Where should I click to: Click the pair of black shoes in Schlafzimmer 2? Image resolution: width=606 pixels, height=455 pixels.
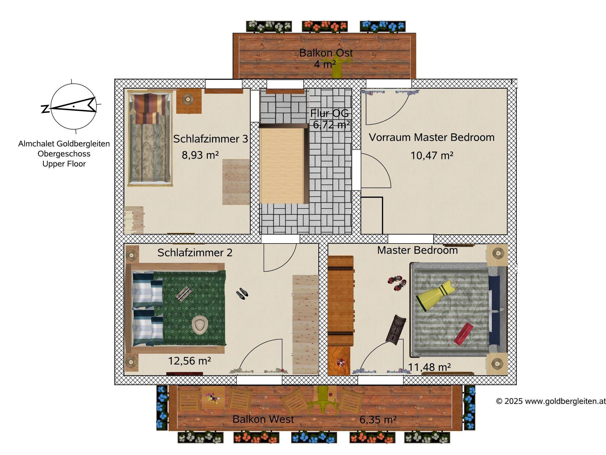tap(242, 293)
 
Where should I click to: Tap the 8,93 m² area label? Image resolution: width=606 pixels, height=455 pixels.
tap(200, 155)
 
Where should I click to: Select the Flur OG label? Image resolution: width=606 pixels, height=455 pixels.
tap(329, 113)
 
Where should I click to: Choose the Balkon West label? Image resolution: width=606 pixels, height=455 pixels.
tap(263, 419)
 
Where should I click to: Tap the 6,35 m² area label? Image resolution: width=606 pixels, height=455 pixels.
tap(378, 419)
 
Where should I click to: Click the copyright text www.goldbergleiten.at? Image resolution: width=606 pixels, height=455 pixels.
tap(551, 401)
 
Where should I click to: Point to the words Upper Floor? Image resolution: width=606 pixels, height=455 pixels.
tap(64, 164)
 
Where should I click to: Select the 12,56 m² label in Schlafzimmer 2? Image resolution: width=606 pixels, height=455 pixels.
tap(189, 361)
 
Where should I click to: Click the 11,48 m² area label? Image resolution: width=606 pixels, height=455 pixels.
tap(429, 367)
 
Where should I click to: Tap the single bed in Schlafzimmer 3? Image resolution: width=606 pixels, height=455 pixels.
tap(150, 138)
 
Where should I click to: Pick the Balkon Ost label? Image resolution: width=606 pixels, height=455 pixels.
tap(326, 53)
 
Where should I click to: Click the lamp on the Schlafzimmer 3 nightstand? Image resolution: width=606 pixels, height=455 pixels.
tap(187, 99)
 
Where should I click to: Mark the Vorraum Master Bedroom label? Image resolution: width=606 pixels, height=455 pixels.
tap(431, 137)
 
